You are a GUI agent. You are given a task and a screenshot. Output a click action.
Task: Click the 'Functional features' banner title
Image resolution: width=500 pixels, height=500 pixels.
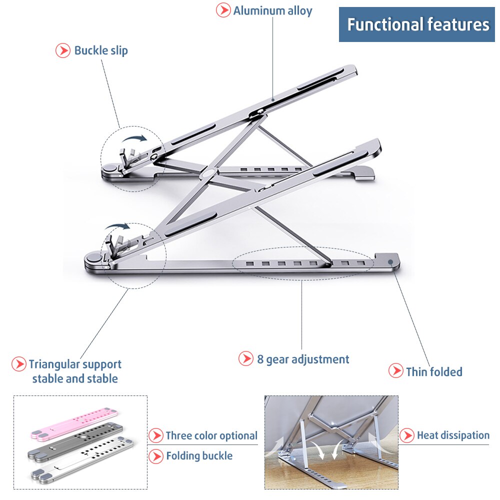coord(418,24)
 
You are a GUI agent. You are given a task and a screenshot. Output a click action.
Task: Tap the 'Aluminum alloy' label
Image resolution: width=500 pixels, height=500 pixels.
coord(272,11)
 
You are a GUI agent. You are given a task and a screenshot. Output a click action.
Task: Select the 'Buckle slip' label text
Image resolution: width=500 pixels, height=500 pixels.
coord(101,50)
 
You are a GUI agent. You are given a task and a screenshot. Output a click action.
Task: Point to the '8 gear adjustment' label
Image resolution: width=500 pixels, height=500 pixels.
coord(303,359)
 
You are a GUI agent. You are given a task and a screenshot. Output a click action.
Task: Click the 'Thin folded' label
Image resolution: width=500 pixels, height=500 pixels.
coord(434,371)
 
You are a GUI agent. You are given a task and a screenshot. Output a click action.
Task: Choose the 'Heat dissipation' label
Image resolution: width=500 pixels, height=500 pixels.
coord(453,435)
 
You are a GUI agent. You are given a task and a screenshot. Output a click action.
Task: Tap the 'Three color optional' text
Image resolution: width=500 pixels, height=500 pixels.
coord(211,435)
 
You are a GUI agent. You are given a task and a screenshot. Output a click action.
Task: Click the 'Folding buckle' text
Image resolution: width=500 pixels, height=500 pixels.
coord(199,455)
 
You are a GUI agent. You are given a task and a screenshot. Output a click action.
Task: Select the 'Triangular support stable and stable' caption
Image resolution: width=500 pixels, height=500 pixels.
coord(75,371)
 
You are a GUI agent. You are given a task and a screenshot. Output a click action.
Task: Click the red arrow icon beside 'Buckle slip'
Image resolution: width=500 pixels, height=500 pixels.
coord(62,50)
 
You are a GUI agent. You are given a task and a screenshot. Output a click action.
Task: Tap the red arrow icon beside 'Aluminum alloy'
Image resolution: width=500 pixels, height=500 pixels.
coord(223,10)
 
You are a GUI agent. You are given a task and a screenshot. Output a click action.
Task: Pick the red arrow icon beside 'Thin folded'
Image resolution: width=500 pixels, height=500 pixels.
coord(395,371)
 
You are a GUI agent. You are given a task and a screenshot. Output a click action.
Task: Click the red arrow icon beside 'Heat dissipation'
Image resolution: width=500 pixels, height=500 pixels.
coord(407,435)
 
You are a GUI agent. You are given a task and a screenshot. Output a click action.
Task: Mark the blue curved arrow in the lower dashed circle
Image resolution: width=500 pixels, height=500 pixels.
coord(116,228)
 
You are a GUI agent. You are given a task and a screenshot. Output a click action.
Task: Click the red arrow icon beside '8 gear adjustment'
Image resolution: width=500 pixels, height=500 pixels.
coord(245,358)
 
